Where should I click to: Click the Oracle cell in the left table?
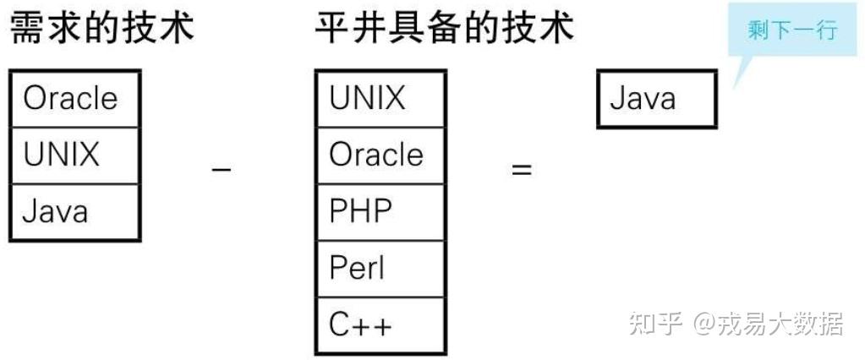click(74, 99)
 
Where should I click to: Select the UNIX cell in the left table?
click(74, 155)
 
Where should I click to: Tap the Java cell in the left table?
click(74, 211)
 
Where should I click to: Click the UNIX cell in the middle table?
click(380, 99)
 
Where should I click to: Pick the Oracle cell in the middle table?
click(380, 155)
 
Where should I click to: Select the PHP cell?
click(380, 211)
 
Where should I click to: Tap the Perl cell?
click(380, 269)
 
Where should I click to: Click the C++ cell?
click(380, 325)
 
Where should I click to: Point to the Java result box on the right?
click(656, 100)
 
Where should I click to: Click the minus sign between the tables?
click(222, 169)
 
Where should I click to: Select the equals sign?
click(522, 169)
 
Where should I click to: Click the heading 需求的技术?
click(101, 29)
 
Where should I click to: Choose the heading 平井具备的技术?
click(445, 29)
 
